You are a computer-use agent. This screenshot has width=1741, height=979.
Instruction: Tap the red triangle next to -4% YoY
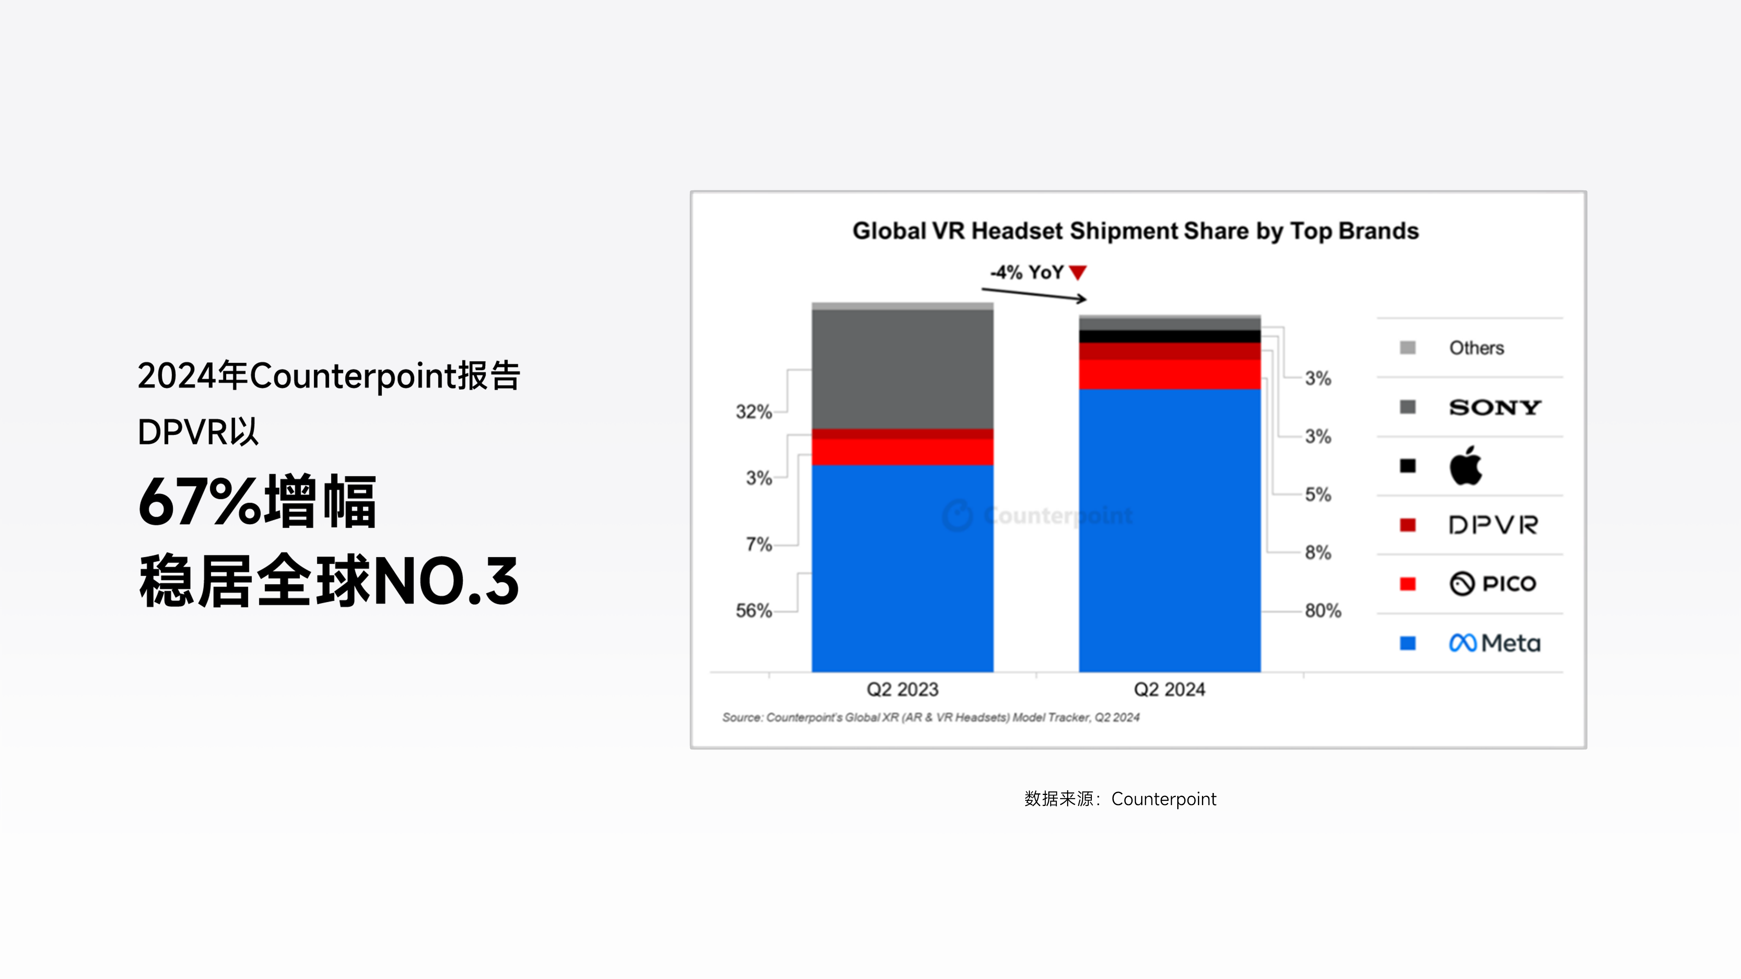1078,272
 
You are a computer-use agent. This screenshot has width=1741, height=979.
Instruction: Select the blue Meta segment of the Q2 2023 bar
902,568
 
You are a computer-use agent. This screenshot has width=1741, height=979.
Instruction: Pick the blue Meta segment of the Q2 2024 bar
1169,530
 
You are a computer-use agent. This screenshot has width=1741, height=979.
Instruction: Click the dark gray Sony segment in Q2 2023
902,369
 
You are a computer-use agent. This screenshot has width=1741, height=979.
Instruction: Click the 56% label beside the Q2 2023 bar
754,611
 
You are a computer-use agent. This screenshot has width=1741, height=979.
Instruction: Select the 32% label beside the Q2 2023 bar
754,412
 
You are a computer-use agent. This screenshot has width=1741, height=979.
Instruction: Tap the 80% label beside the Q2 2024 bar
1323,611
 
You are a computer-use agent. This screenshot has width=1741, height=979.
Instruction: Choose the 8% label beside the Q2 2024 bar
1318,553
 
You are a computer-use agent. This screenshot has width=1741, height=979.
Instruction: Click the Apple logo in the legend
1465,466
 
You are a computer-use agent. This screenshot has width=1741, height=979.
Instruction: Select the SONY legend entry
1494,407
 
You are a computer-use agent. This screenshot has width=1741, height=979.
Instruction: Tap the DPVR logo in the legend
1493,525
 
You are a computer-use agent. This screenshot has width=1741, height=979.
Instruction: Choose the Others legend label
1476,348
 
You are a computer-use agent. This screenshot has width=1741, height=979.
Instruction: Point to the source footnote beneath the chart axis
931,717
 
